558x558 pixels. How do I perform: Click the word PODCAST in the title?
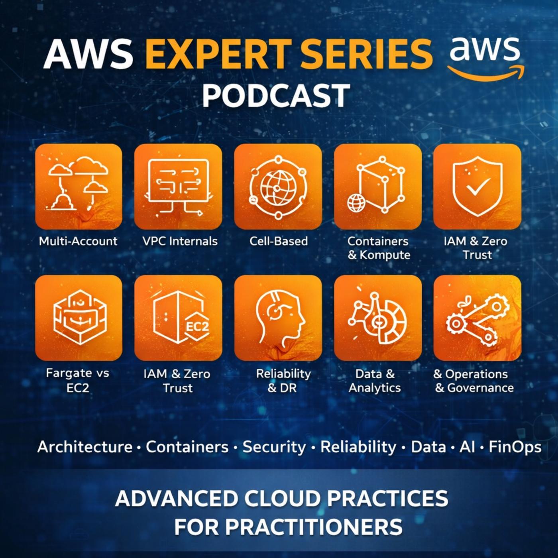point(276,96)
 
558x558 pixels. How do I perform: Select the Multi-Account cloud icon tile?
point(79,187)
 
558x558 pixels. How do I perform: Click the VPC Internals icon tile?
point(178,187)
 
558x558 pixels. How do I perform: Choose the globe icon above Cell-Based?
point(278,187)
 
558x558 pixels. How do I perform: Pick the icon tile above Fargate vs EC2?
point(79,318)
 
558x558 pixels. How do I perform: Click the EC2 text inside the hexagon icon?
point(197,326)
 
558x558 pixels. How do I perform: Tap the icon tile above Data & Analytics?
point(378,318)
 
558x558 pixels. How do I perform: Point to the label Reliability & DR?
point(283,381)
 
